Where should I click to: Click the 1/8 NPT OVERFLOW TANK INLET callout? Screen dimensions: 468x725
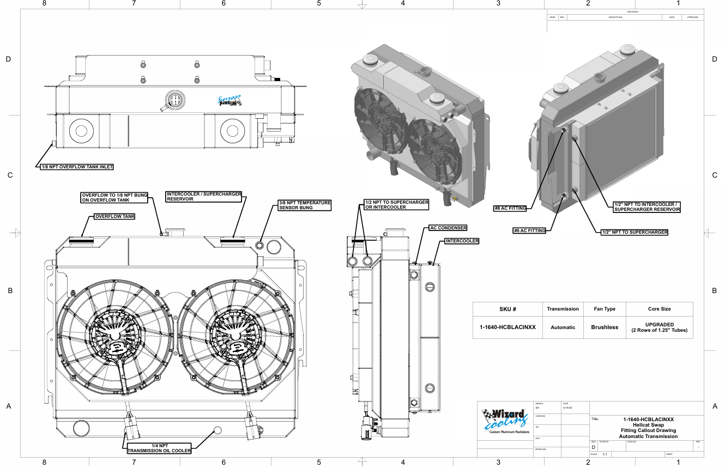click(76, 167)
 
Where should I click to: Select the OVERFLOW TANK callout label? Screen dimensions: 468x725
click(114, 216)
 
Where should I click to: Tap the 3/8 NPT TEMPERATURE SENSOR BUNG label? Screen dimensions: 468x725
click(305, 205)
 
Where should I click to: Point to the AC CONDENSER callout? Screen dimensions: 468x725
click(448, 228)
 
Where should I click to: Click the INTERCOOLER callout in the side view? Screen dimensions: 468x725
click(462, 241)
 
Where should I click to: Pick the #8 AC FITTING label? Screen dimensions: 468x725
click(510, 208)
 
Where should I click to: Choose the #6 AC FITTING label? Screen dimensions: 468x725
click(529, 230)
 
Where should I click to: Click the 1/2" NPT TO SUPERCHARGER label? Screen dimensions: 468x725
click(633, 232)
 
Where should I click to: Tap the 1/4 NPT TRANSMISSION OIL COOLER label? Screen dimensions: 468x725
click(159, 448)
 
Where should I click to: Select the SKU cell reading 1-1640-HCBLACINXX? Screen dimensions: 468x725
click(507, 327)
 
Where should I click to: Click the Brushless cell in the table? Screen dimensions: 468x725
click(605, 327)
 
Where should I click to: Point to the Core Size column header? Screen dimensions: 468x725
click(659, 309)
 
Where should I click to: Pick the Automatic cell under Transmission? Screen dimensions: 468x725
click(563, 327)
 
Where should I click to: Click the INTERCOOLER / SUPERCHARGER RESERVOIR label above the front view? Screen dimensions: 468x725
click(204, 196)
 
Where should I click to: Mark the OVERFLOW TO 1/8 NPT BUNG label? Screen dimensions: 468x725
click(114, 197)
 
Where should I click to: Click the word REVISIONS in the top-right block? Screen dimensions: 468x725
click(632, 12)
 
